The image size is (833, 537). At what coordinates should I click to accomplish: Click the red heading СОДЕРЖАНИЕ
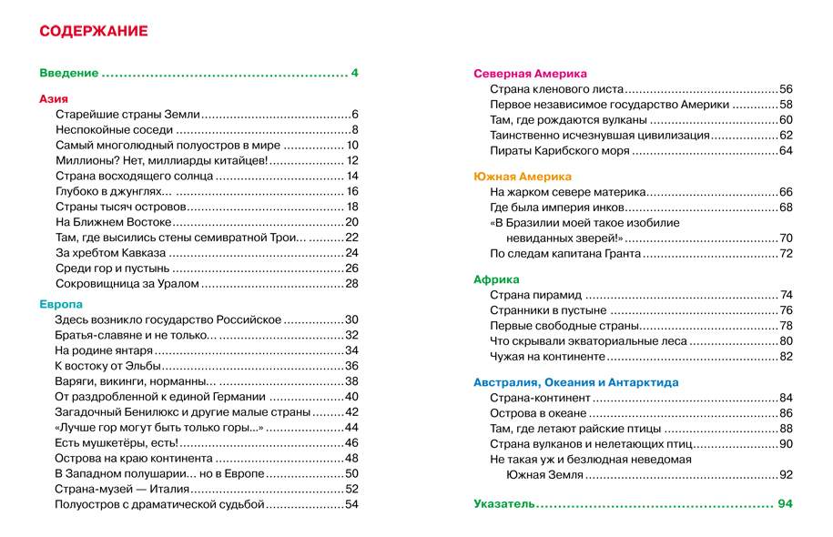click(94, 32)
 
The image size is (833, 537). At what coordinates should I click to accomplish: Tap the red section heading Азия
click(55, 98)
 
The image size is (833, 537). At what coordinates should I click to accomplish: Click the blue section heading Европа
click(61, 303)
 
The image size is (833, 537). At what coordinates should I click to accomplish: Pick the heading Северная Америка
click(531, 74)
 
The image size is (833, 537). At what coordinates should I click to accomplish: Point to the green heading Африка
click(497, 279)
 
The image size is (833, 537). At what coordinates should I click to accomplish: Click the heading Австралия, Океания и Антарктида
click(576, 382)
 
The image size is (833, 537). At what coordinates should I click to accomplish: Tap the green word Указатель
click(504, 503)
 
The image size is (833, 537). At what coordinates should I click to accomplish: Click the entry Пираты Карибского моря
click(559, 150)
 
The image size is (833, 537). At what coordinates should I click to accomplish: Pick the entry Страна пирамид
click(535, 295)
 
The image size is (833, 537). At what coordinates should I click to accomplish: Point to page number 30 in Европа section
click(351, 319)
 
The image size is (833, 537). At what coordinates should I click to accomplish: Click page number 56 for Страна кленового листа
click(787, 89)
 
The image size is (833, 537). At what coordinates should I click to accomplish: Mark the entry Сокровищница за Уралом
click(127, 284)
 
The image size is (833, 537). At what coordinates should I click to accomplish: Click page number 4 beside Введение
click(355, 73)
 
